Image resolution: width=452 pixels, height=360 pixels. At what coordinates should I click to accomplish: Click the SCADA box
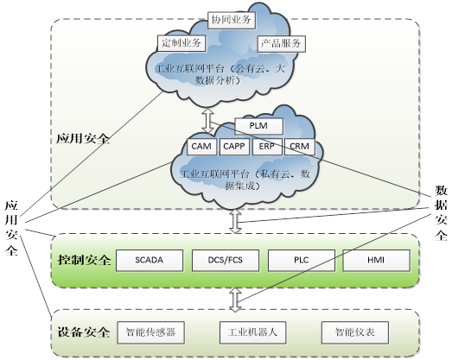click(150, 261)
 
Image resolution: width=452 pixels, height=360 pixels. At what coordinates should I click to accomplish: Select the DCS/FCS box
click(226, 261)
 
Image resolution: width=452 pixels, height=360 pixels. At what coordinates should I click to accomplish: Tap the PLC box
click(302, 261)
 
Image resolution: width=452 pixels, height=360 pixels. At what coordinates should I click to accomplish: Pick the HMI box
click(376, 261)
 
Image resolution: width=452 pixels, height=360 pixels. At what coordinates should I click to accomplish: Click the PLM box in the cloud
click(259, 126)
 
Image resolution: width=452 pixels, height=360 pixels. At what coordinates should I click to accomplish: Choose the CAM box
click(201, 147)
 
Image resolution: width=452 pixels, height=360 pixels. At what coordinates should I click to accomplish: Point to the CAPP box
click(234, 147)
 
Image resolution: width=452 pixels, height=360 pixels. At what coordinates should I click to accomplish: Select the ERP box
click(267, 147)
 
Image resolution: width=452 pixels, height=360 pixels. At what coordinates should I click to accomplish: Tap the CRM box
click(300, 147)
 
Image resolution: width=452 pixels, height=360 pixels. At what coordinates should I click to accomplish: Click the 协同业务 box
click(232, 20)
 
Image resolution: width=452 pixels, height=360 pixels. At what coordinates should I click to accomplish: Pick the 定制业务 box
click(181, 43)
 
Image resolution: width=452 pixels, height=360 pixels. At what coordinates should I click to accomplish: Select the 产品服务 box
click(282, 44)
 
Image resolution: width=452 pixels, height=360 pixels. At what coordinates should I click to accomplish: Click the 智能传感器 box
click(150, 332)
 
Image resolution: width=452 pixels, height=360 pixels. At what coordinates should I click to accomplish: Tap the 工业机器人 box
click(253, 332)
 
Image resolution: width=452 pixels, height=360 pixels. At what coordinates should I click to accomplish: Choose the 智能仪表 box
click(355, 332)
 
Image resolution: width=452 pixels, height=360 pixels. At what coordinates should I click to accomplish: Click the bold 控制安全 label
click(84, 260)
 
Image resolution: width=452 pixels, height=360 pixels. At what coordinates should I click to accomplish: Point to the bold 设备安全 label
click(84, 332)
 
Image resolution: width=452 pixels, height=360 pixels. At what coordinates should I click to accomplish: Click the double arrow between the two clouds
click(207, 121)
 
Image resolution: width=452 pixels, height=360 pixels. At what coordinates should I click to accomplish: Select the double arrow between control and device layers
click(236, 300)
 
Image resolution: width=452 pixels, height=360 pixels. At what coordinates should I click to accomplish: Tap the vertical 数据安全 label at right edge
click(441, 213)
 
